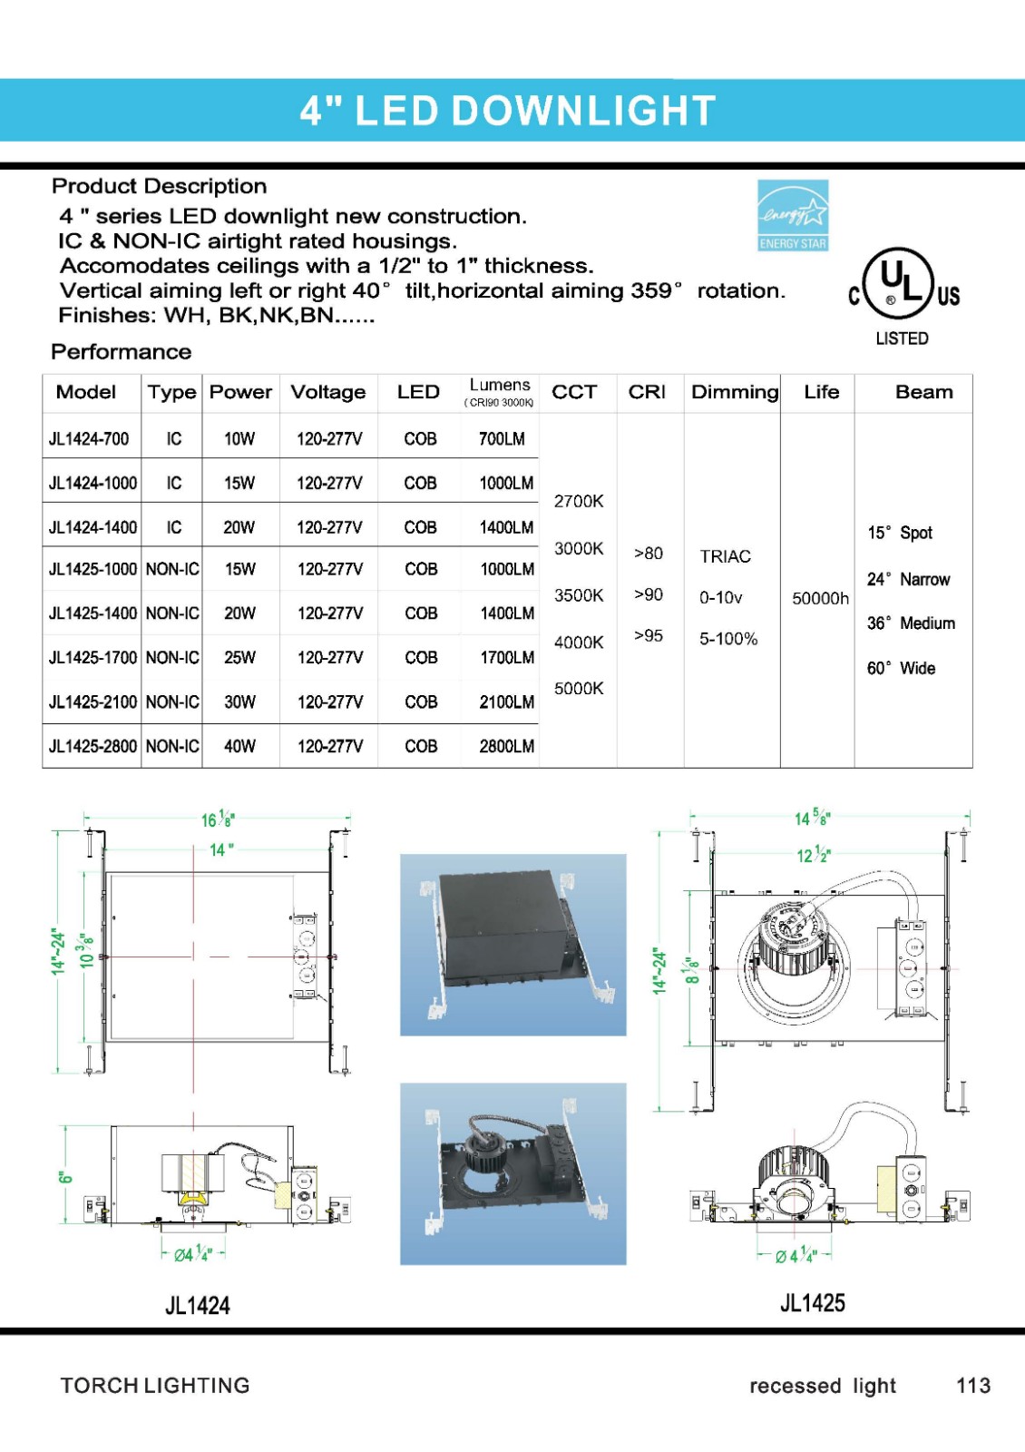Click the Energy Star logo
coord(793,215)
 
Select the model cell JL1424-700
coord(89,438)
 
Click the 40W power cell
coord(239,746)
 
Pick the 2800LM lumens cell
coord(506,746)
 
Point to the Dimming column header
coord(734,392)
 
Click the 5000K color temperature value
coord(579,689)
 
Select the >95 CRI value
coord(649,635)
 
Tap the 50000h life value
coord(820,598)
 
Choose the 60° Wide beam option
coord(901,668)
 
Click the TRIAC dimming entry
coord(725,556)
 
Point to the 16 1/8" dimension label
coord(218,819)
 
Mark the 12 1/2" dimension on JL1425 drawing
coord(813,855)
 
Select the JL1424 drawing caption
coord(198,1306)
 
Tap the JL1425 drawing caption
coord(813,1303)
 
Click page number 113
coord(972,1386)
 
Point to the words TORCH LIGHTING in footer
coord(155,1386)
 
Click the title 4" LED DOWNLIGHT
coord(508,111)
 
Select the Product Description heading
coord(160,186)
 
